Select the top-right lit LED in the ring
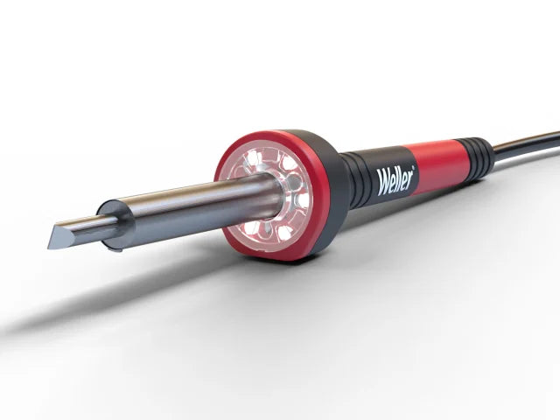pos(290,164)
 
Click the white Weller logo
pos(395,179)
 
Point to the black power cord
pos(529,143)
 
